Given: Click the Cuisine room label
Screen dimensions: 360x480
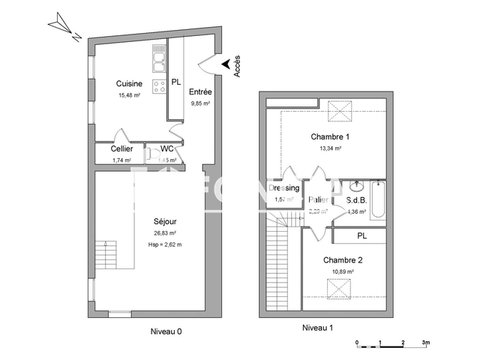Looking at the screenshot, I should pyautogui.click(x=129, y=84).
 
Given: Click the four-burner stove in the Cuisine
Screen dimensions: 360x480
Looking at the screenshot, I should pyautogui.click(x=159, y=86).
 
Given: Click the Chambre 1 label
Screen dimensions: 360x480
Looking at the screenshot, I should pyautogui.click(x=330, y=137).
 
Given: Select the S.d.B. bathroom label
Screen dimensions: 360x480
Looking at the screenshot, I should pyautogui.click(x=356, y=200).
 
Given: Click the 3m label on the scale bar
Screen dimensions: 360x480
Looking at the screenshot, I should pyautogui.click(x=425, y=343).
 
